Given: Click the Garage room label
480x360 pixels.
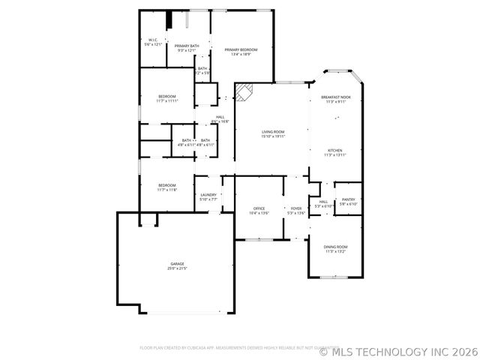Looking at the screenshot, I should point(177,263).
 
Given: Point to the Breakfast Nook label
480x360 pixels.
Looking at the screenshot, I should point(335,97).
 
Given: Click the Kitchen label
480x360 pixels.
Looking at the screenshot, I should point(335,150).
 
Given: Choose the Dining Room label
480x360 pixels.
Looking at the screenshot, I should point(335,247).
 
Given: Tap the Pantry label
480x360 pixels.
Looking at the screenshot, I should point(349,199).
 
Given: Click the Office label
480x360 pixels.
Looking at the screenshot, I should point(259,208).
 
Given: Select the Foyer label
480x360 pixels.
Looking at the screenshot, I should point(297,208).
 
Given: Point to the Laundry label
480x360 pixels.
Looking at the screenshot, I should point(208,195).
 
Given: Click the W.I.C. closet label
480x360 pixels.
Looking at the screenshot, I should point(153,40).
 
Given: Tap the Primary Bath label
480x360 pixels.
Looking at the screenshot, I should point(187,46).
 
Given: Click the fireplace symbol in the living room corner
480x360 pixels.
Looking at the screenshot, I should point(244,91).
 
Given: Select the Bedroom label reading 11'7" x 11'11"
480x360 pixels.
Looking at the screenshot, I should point(166,97).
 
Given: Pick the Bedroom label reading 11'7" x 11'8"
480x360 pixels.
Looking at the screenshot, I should point(166,185).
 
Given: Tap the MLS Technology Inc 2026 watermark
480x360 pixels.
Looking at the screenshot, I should point(398,350).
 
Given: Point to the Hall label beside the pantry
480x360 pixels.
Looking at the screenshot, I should point(323,202).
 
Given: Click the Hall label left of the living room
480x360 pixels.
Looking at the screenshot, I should point(220,117).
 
